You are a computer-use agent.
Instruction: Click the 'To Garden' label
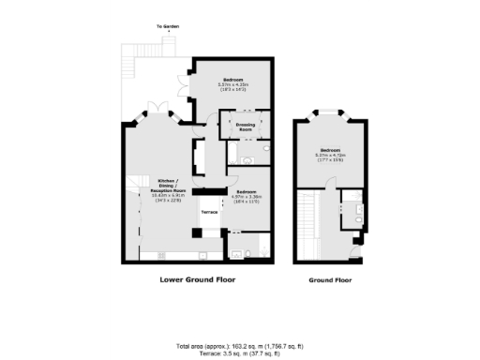167,27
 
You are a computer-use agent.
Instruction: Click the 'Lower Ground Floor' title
197,279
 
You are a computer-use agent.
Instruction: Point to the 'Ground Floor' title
331,279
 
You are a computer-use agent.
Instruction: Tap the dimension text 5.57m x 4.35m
232,85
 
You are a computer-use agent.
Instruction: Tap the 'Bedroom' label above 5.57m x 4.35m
232,80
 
